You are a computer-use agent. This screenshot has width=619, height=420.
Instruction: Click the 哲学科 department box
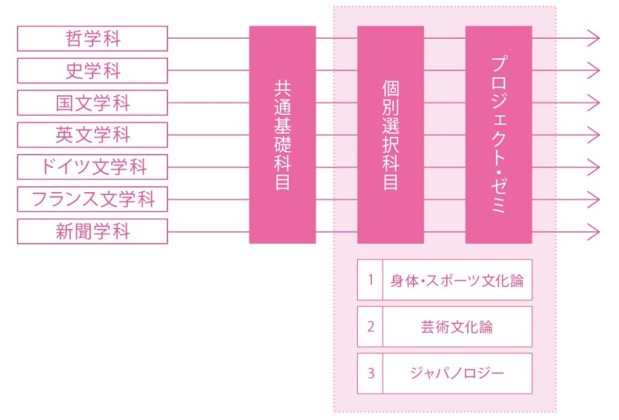click(x=92, y=39)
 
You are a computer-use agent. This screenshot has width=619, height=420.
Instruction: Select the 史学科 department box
click(x=92, y=71)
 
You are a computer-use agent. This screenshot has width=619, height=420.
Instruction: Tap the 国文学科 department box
click(x=92, y=103)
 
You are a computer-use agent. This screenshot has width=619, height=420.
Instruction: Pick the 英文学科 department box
click(x=92, y=135)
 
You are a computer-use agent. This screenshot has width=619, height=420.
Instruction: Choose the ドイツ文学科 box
click(x=92, y=167)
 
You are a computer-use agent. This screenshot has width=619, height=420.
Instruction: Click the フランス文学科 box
click(x=92, y=199)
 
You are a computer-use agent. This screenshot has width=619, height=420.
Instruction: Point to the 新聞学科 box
click(x=92, y=231)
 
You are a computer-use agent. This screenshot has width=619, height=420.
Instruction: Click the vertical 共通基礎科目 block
click(x=282, y=135)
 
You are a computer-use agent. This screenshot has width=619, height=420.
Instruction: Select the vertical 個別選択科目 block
click(x=391, y=135)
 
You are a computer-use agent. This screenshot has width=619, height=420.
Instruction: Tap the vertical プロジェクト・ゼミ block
click(x=499, y=135)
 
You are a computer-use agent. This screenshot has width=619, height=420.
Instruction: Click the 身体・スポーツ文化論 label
click(x=457, y=280)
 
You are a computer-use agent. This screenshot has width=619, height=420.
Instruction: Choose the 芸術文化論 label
click(x=457, y=327)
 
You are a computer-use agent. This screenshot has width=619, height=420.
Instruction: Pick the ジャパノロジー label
click(x=457, y=373)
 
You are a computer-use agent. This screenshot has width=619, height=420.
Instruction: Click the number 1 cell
click(x=371, y=280)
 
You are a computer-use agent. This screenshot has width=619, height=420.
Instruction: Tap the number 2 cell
click(x=371, y=327)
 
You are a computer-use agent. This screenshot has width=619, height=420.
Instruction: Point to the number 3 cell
click(x=371, y=373)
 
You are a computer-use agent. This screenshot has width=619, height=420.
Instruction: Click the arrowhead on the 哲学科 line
click(x=594, y=38)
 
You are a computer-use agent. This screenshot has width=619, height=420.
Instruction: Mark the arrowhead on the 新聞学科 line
click(x=594, y=231)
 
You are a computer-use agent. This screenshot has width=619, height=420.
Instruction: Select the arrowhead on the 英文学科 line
click(x=594, y=135)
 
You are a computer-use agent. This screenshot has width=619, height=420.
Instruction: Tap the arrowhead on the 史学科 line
click(x=594, y=71)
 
